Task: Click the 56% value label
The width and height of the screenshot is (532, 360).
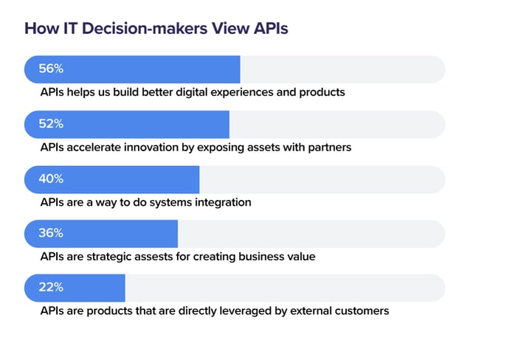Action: tap(51, 69)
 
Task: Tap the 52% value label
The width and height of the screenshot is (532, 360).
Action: tap(51, 123)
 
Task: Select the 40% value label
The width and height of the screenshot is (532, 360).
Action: tap(51, 179)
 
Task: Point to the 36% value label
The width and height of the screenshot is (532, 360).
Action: tap(51, 233)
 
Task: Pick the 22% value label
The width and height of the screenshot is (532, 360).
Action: tap(51, 287)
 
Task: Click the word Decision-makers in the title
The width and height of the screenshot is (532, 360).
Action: tap(145, 28)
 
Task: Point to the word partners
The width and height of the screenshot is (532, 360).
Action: tap(329, 148)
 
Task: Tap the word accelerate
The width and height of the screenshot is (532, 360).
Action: tap(93, 148)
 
